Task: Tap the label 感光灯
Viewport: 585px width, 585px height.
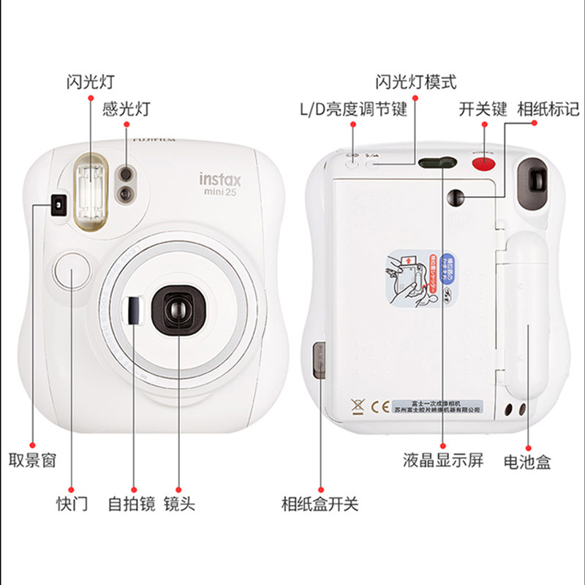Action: click(x=126, y=109)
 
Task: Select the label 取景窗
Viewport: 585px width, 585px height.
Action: click(x=31, y=461)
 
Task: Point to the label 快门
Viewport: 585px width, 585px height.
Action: click(x=72, y=504)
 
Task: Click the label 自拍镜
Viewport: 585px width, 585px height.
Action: click(x=132, y=504)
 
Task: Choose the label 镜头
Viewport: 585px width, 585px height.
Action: click(x=179, y=504)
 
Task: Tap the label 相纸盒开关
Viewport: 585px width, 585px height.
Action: click(x=320, y=504)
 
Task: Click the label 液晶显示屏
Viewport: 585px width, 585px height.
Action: click(x=443, y=461)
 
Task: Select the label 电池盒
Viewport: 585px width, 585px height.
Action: click(x=527, y=461)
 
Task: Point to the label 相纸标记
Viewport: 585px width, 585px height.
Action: click(x=548, y=110)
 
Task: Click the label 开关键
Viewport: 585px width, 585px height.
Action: click(x=483, y=110)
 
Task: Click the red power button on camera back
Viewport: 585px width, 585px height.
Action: click(x=483, y=162)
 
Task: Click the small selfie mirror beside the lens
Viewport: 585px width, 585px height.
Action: click(x=133, y=309)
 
